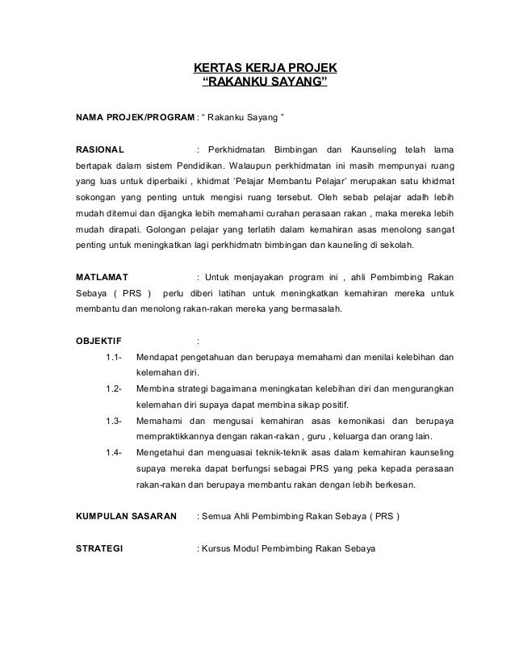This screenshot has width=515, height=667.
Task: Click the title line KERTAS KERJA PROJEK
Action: [x=264, y=68]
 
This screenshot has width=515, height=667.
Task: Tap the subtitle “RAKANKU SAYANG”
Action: [x=264, y=83]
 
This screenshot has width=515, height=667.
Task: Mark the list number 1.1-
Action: [x=114, y=357]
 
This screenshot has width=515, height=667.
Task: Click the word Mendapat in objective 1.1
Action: [x=159, y=357]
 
